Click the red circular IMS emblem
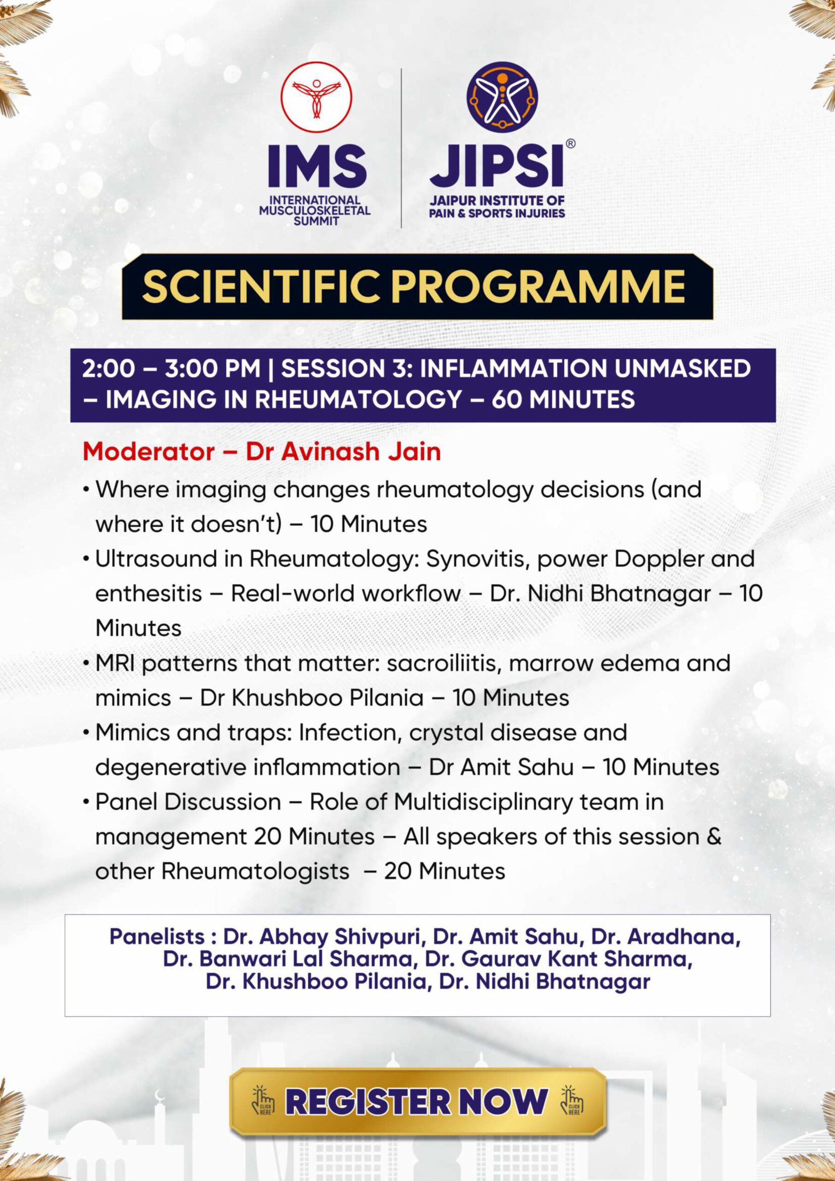pos(316,97)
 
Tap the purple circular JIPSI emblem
pos(502,97)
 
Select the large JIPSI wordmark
pos(496,166)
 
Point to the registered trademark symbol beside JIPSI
pos(570,144)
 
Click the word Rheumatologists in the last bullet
pos(255,871)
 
